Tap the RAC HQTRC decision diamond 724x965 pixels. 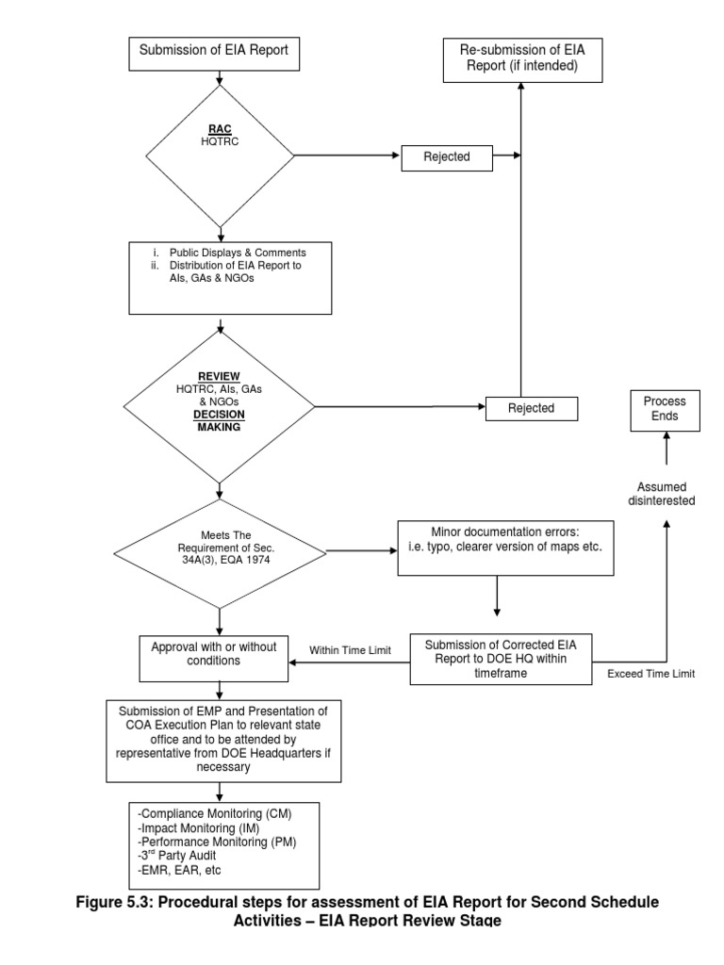click(x=220, y=154)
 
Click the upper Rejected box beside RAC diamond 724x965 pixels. click(x=448, y=157)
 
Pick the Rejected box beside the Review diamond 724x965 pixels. click(x=531, y=408)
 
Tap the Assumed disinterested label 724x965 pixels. click(x=665, y=494)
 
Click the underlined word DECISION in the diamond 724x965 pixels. click(x=220, y=414)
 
